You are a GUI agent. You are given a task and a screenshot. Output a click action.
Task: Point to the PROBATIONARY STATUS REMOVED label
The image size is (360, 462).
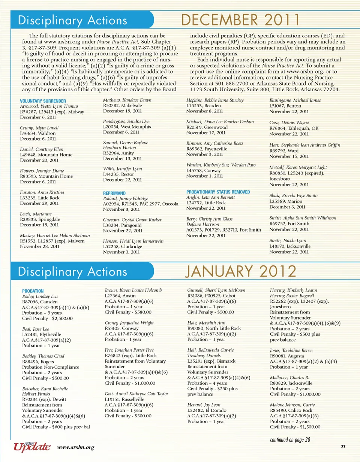[218, 192]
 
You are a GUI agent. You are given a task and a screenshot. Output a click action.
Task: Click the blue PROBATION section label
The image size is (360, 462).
[33, 291]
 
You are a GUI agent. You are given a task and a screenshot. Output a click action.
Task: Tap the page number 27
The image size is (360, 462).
[343, 447]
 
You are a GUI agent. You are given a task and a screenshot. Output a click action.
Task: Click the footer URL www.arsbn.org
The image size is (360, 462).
[75, 447]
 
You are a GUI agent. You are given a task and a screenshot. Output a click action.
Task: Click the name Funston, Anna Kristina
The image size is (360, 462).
[42, 192]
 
